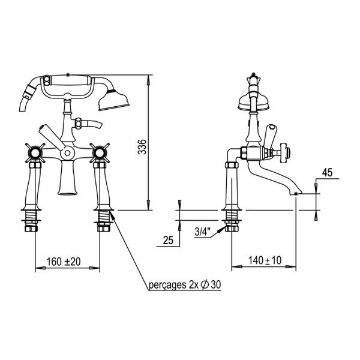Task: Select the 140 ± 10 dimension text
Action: click(265, 261)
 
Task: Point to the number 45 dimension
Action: click(326, 173)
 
